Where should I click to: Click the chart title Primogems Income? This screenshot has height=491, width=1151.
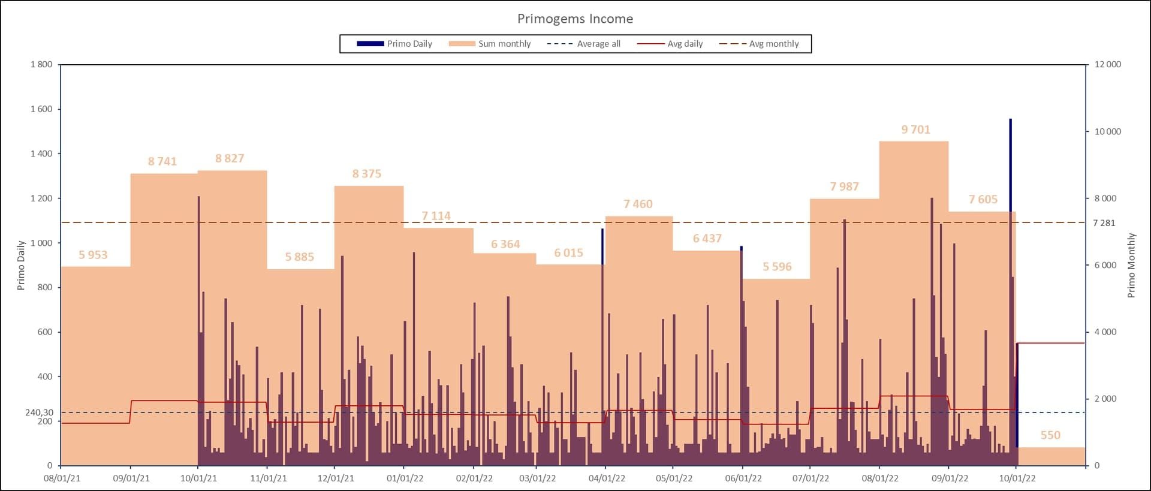tap(575, 19)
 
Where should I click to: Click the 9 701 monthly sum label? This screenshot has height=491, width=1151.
tap(915, 129)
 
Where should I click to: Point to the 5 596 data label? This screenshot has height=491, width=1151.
tap(777, 267)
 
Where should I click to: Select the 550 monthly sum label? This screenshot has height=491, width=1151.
tap(1050, 435)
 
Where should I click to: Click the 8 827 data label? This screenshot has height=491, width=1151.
tap(230, 158)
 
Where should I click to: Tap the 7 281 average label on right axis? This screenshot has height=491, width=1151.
tap(1104, 223)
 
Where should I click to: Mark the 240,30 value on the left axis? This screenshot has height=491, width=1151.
tap(39, 412)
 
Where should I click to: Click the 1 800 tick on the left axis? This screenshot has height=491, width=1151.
tap(41, 64)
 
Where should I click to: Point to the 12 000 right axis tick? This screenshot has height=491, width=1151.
tap(1107, 64)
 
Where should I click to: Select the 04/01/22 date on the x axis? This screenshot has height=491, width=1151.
tap(607, 478)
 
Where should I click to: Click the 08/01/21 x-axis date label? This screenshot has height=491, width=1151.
tap(62, 478)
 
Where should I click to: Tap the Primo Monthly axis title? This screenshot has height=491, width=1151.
tap(1131, 265)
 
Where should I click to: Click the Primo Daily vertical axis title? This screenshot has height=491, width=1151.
tap(21, 265)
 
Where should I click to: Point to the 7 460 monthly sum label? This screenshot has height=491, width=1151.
tap(638, 204)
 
